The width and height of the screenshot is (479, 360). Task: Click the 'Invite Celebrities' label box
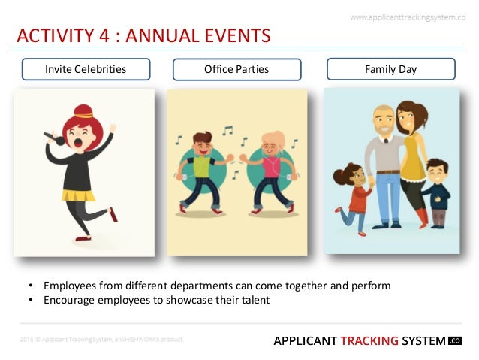tap(86, 70)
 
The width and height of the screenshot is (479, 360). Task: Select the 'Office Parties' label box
tap(236, 70)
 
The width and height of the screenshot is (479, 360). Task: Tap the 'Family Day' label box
tap(390, 70)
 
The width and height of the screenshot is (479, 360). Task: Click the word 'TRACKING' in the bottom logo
tap(369, 340)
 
